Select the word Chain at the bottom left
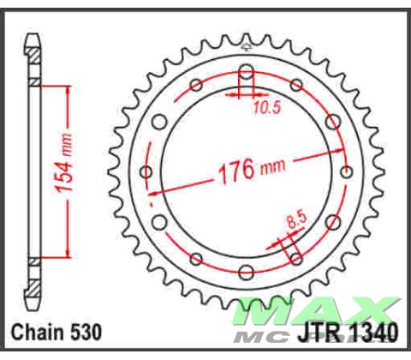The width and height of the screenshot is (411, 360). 37,332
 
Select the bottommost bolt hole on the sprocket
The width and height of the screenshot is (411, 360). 247,273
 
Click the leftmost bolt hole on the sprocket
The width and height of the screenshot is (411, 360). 146,171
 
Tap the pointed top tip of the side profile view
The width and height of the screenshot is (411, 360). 33,35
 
